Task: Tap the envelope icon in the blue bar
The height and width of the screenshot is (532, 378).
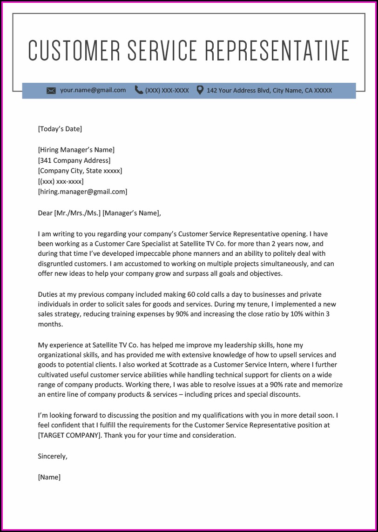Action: click(x=51, y=90)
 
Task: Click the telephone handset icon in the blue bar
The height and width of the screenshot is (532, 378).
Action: click(x=139, y=90)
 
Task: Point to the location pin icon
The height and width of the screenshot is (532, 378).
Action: click(x=200, y=90)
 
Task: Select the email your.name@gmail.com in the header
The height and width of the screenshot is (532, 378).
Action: click(x=93, y=90)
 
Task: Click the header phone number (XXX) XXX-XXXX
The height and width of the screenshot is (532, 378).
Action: click(x=167, y=90)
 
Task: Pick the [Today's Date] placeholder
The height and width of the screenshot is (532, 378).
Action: click(x=60, y=129)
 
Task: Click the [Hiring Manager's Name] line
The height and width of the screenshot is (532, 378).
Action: click(x=76, y=150)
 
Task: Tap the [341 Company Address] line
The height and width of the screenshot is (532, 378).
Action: click(x=74, y=160)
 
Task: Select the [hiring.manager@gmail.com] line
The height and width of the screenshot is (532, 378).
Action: click(x=82, y=191)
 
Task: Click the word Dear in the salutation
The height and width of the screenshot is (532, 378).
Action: click(x=45, y=213)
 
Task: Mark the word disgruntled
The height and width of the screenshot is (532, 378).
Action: click(x=58, y=264)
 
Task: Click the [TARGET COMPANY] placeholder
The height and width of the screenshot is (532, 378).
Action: click(x=69, y=435)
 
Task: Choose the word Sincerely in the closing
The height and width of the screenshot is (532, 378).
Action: click(x=52, y=456)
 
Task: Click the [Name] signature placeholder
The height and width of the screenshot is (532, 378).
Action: click(x=49, y=477)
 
